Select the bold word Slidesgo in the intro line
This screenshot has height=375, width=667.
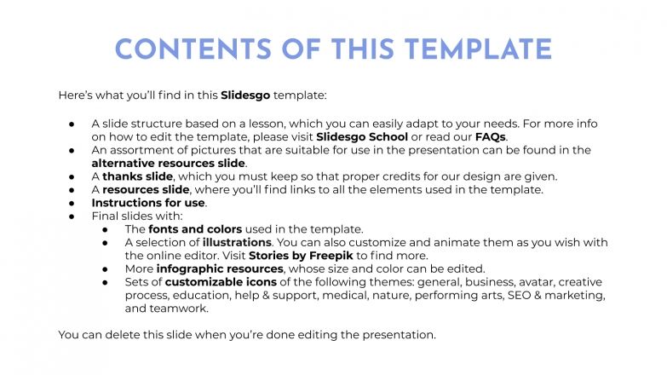pos(246,95)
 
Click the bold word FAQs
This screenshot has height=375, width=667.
pos(489,136)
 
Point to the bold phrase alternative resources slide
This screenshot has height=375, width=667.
pos(169,163)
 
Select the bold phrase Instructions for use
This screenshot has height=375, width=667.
pos(148,203)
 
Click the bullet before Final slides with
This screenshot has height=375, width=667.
pos(73,216)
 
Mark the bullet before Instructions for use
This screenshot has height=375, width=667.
pos(73,203)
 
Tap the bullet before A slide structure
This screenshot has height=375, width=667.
pos(73,124)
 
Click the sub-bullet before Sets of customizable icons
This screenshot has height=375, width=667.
pos(106,282)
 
